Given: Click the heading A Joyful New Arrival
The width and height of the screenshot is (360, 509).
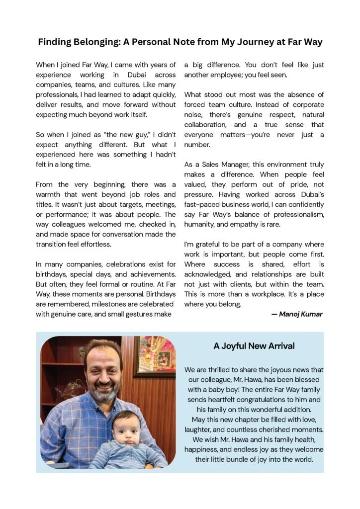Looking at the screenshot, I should pyautogui.click(x=254, y=346).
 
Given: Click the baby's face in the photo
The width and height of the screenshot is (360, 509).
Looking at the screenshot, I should pyautogui.click(x=125, y=432).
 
